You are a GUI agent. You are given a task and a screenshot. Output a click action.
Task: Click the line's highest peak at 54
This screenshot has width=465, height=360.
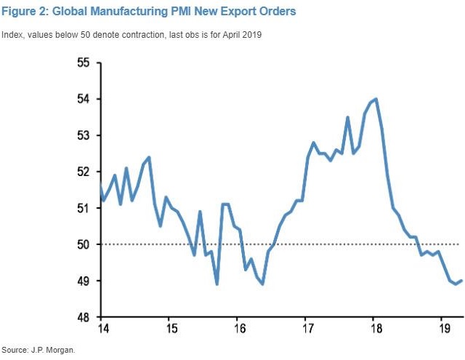(375, 99)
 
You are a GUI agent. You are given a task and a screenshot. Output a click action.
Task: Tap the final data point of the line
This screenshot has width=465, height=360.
(462, 281)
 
